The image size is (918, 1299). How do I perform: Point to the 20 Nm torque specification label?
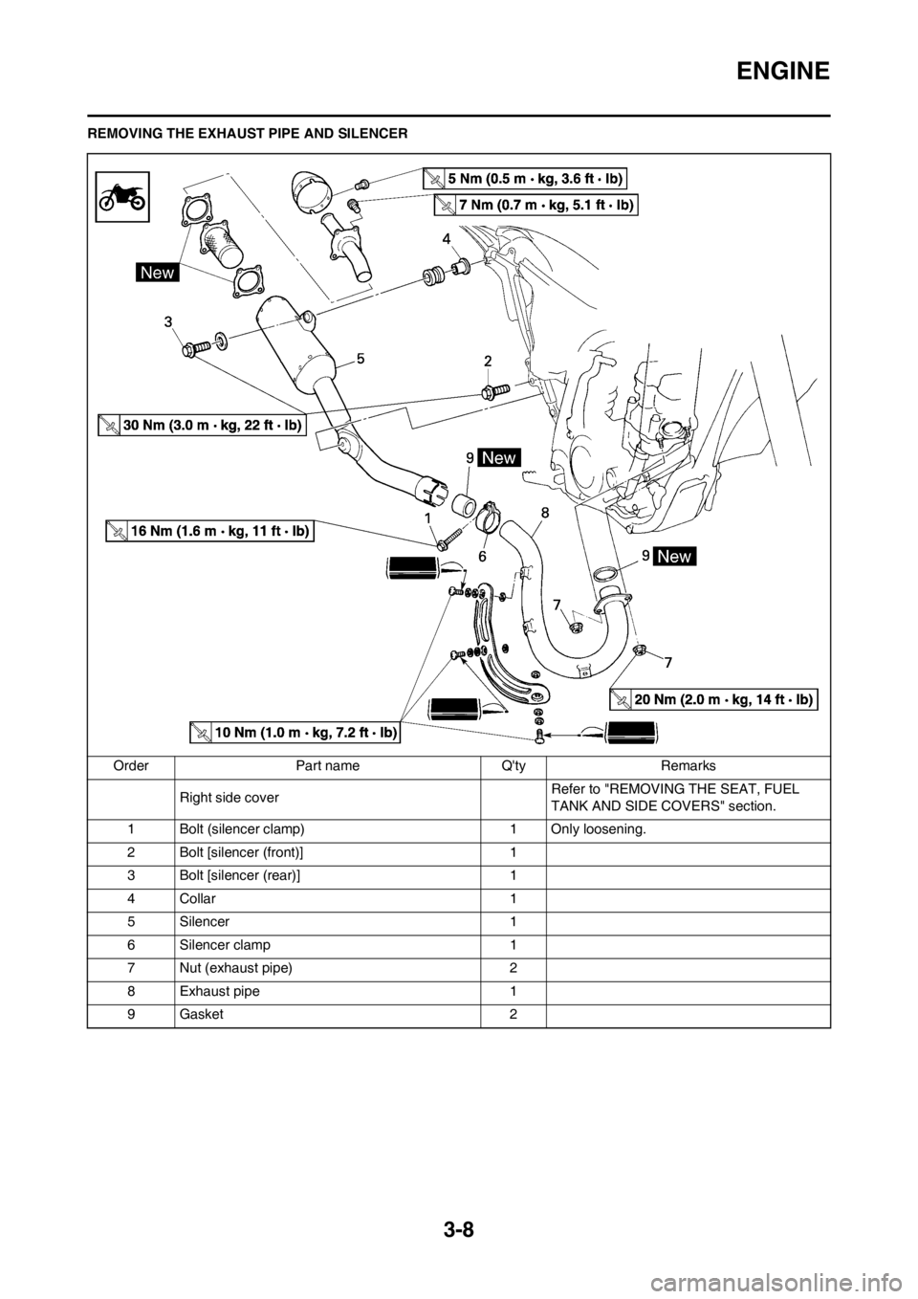[x=712, y=700]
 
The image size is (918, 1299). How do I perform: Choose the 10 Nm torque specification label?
[x=295, y=733]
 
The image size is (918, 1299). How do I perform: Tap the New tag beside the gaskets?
[x=157, y=273]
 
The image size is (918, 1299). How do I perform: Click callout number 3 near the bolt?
[x=167, y=323]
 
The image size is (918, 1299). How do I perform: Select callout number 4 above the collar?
[x=446, y=236]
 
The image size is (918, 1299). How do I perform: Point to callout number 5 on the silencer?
[x=361, y=357]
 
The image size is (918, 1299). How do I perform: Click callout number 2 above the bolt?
[x=488, y=361]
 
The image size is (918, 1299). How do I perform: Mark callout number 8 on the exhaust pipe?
[x=543, y=513]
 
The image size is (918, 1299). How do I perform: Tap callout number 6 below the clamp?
[x=483, y=554]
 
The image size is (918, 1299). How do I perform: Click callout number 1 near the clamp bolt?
[x=429, y=516]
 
